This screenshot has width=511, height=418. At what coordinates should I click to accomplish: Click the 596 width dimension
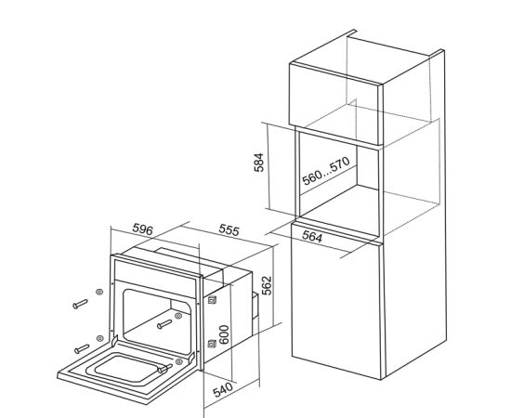142,229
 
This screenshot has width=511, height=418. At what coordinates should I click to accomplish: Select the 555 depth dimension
229,229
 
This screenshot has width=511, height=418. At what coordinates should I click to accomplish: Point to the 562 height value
267,285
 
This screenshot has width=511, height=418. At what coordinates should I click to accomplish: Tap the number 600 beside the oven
224,334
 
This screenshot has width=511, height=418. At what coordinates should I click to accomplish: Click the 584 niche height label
259,162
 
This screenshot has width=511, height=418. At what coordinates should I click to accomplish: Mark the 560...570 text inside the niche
326,171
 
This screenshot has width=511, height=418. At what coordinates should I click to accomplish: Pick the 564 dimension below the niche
312,237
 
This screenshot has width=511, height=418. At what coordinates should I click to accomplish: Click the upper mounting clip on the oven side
212,299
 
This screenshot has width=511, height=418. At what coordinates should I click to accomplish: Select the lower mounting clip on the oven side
212,344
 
